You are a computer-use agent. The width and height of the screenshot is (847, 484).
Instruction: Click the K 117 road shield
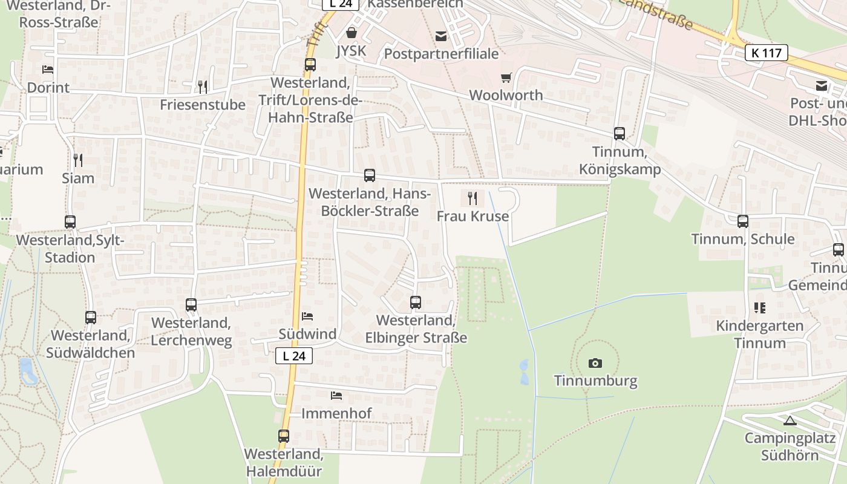click(766, 53)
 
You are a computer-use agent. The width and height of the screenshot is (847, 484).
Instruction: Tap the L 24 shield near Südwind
click(294, 356)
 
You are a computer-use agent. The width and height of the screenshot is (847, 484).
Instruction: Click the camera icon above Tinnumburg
click(595, 363)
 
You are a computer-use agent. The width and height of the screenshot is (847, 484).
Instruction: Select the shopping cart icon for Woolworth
click(506, 77)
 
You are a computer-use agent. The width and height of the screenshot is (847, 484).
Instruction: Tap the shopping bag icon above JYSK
click(351, 33)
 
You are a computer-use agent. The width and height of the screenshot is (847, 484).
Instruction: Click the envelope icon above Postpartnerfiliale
click(441, 36)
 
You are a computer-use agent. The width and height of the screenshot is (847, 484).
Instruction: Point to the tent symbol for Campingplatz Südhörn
click(790, 420)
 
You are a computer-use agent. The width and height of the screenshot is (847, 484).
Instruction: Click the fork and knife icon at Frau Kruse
click(473, 198)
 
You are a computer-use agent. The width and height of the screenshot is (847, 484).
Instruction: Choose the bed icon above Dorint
click(48, 70)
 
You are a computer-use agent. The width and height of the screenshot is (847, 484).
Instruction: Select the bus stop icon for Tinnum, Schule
click(743, 221)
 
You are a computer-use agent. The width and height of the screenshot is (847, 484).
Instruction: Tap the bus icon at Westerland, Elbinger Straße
click(416, 302)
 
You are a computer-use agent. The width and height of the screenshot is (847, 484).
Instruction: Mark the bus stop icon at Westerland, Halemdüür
click(283, 436)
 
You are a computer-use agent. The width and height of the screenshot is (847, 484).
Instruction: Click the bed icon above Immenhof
click(336, 396)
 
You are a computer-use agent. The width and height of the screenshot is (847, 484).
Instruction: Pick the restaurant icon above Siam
click(77, 160)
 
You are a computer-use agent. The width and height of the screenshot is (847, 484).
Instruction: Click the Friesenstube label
click(203, 105)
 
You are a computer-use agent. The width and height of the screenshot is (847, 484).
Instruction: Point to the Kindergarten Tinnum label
click(760, 335)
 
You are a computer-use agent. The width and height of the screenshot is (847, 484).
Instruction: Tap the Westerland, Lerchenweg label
click(191, 332)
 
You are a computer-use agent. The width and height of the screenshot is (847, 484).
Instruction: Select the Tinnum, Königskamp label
click(620, 160)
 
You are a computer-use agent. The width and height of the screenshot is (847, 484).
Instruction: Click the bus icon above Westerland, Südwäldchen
click(91, 317)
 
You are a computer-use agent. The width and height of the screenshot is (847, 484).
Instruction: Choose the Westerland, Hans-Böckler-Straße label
click(370, 203)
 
